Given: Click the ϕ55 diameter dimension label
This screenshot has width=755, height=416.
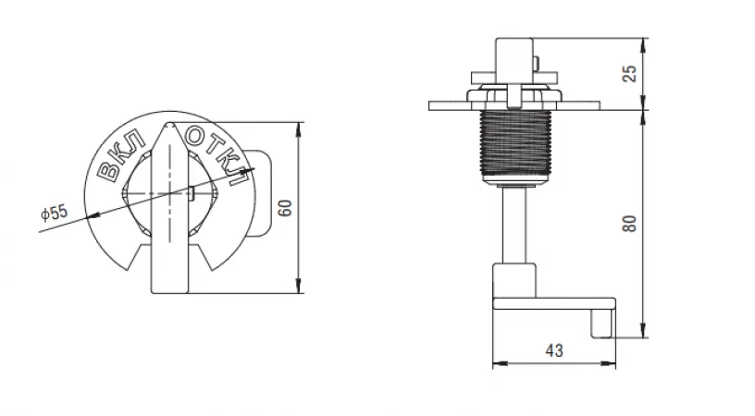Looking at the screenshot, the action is coord(55,212).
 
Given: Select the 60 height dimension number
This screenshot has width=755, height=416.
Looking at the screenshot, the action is coord(286,208).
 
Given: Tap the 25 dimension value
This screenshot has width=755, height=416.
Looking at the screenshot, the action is coord(630,73).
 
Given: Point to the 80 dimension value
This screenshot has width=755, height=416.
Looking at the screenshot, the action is coord(630,224).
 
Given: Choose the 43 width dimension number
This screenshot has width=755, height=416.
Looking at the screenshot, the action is coord(554,350).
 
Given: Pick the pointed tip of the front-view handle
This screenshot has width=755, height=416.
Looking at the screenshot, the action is coord(168,124).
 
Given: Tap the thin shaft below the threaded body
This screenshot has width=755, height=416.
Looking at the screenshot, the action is coord(514,225).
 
